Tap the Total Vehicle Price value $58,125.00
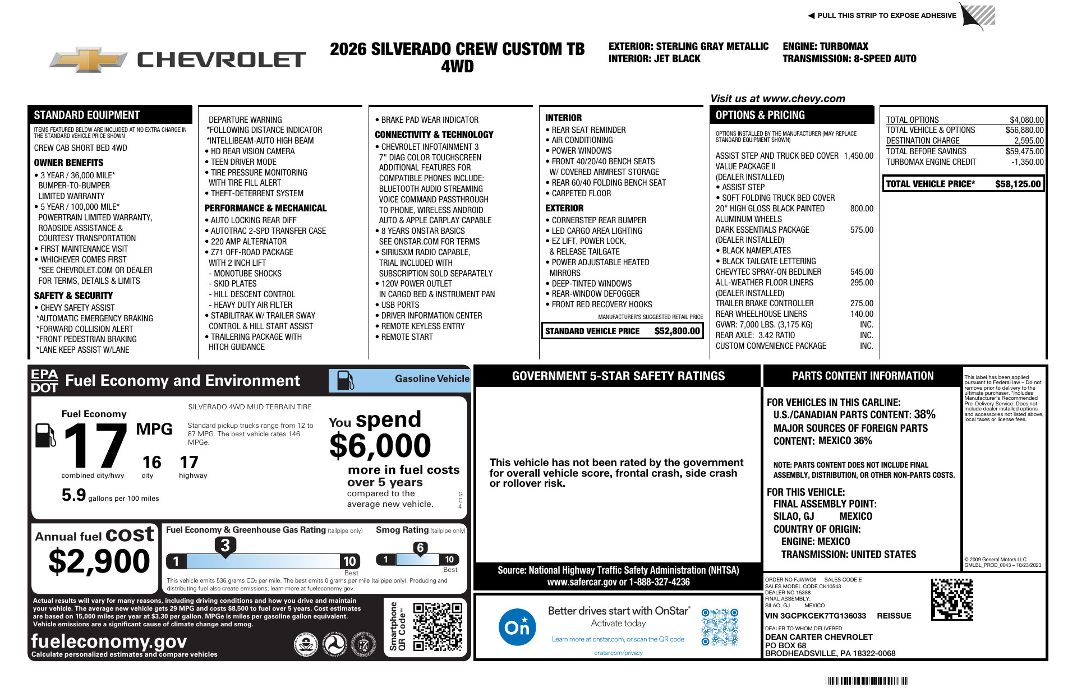click(x=1018, y=184)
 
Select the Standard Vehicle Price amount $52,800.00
click(x=677, y=331)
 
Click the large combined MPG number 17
click(x=95, y=446)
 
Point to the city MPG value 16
click(x=151, y=463)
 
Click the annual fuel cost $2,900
click(x=99, y=561)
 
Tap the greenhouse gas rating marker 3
click(x=225, y=545)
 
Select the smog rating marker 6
click(x=420, y=547)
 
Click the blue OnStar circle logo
click(x=517, y=627)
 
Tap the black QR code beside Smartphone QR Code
click(x=438, y=626)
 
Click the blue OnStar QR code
click(x=720, y=627)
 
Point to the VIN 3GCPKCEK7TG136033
click(x=815, y=616)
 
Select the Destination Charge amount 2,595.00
click(x=1028, y=141)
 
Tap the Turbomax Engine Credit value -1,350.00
click(x=1027, y=162)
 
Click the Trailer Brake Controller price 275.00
click(x=862, y=303)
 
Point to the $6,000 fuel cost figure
click(x=380, y=446)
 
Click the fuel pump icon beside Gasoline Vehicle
click(x=345, y=380)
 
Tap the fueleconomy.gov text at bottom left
click(x=109, y=641)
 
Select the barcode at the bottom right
click(x=867, y=681)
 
